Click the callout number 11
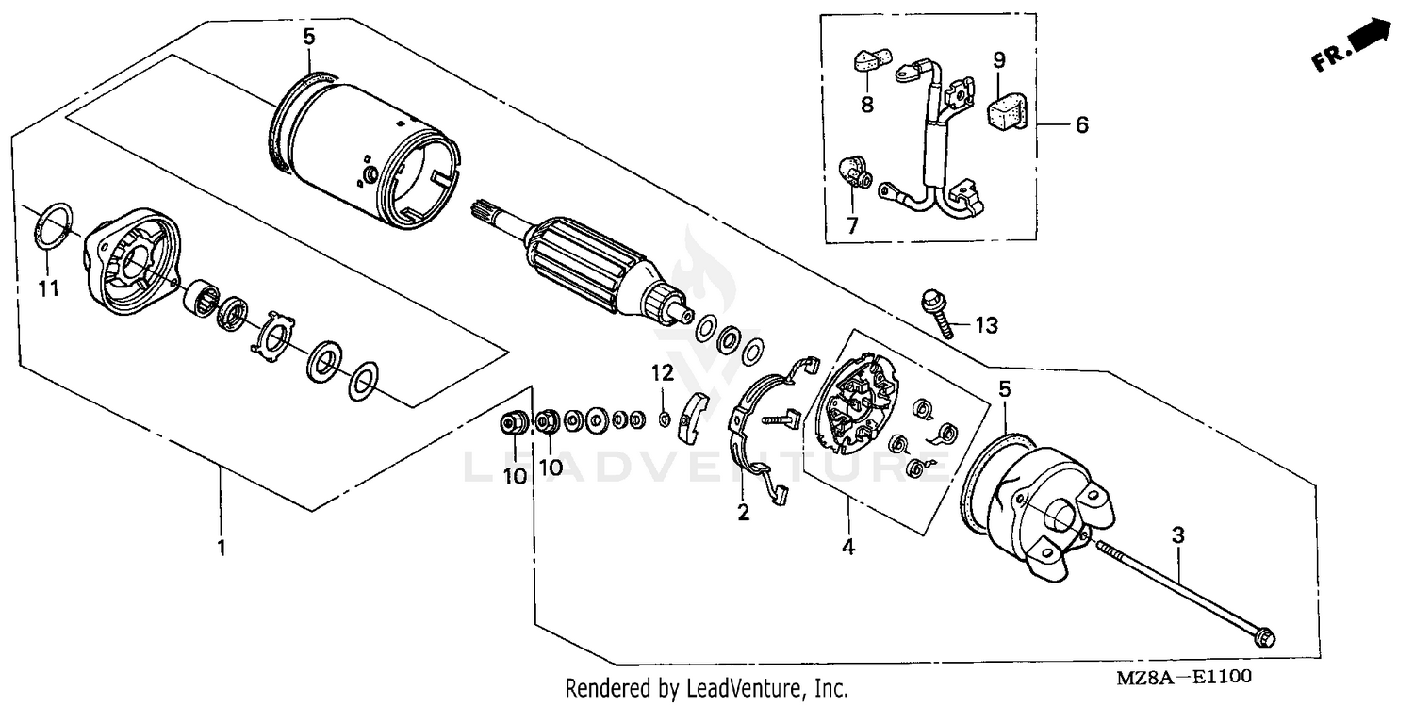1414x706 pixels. (48, 288)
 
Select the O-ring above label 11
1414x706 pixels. (55, 226)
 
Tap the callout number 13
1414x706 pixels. (985, 326)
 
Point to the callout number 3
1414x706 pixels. (1177, 535)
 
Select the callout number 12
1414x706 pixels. (663, 373)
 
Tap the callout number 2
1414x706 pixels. (743, 513)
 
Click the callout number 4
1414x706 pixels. (848, 547)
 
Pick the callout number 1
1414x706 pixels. (222, 547)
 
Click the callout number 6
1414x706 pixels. (1081, 124)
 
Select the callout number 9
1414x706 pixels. (999, 59)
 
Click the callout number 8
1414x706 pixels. (866, 105)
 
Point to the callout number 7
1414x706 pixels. (853, 227)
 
